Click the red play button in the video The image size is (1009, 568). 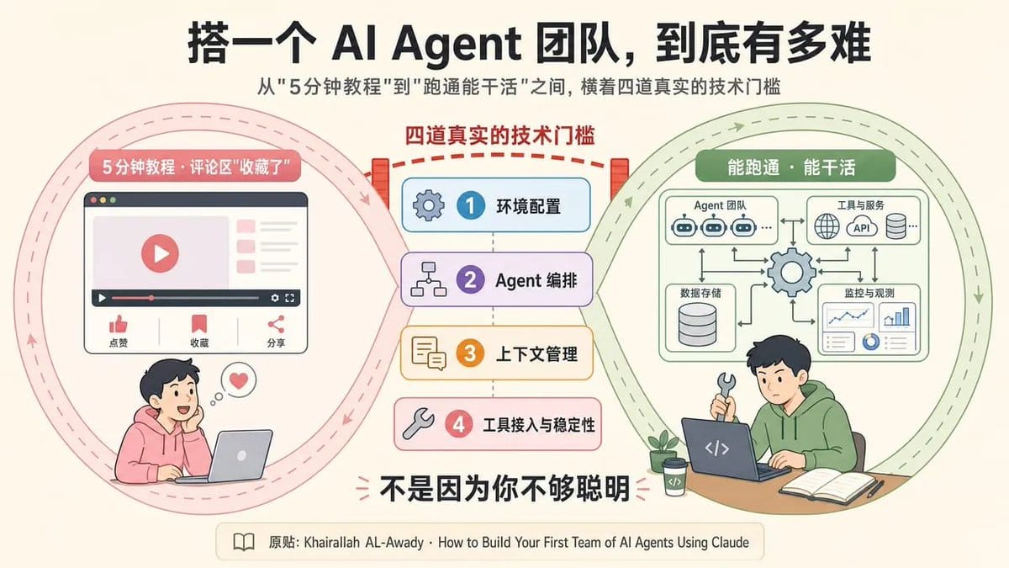(x=160, y=253)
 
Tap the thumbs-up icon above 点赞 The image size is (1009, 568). (x=118, y=324)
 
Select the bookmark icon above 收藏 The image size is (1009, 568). (x=199, y=324)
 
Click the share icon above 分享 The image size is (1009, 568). (x=276, y=324)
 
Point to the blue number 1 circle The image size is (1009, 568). (x=471, y=205)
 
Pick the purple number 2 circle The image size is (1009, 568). (x=470, y=280)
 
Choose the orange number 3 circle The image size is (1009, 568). (x=470, y=353)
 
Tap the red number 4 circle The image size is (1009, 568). (x=459, y=424)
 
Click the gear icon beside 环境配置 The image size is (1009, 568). (x=428, y=205)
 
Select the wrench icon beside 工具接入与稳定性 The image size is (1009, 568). (x=418, y=423)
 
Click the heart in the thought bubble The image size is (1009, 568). (x=238, y=381)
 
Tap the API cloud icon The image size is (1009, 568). (x=862, y=226)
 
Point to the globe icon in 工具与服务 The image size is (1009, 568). (x=827, y=226)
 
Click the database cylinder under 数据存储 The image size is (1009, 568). (x=697, y=325)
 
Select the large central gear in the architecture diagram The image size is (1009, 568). (x=791, y=273)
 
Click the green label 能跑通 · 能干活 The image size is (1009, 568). (x=795, y=167)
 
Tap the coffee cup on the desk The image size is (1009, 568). (x=674, y=476)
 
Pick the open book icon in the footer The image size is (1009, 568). (x=244, y=542)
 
